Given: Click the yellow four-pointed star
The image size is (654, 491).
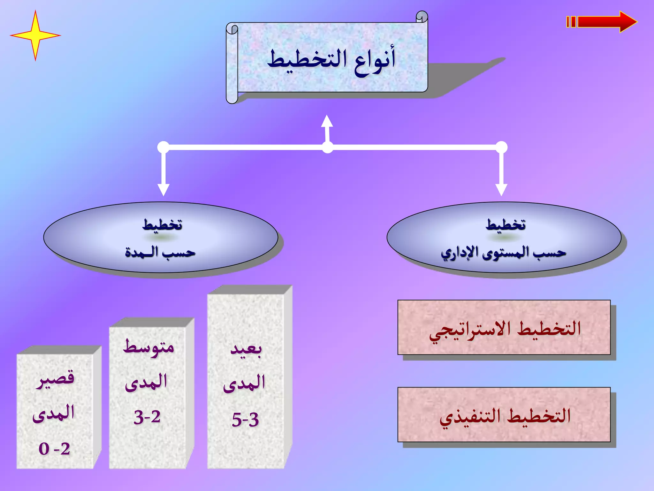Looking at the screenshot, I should (x=35, y=35).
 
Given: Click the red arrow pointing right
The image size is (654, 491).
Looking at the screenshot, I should (x=604, y=22).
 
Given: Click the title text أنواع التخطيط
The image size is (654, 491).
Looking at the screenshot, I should (x=331, y=60).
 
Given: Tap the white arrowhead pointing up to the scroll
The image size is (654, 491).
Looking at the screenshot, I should (x=327, y=121).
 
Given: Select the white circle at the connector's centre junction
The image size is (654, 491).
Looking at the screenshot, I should (x=327, y=147).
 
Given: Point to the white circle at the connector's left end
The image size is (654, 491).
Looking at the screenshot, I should (x=163, y=147).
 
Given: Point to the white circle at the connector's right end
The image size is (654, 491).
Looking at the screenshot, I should (x=501, y=147).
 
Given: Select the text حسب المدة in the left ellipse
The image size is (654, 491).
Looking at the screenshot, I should (x=160, y=253).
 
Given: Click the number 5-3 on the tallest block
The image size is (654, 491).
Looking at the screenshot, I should (x=245, y=420).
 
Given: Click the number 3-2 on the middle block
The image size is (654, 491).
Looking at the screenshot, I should (x=147, y=417).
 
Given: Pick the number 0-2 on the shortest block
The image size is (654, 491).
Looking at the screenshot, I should (x=54, y=449).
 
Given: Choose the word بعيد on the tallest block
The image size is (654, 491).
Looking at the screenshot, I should (x=246, y=349).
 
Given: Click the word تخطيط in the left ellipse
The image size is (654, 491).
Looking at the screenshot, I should (x=162, y=225).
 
